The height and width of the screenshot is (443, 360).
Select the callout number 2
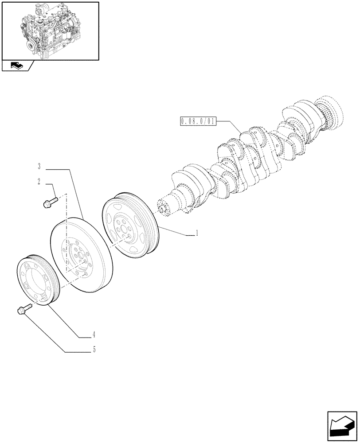point(39,181)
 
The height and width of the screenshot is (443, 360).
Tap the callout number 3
point(39,167)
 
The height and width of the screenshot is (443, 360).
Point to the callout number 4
point(94,335)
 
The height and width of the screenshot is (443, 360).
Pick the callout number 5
point(94,350)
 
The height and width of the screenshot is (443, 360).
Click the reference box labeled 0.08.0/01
point(198,121)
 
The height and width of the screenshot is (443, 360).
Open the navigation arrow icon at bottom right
point(342,426)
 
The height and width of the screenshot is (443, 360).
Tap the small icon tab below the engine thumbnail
point(17,66)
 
